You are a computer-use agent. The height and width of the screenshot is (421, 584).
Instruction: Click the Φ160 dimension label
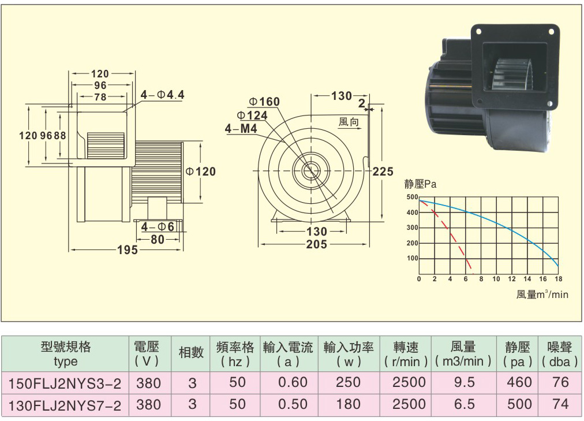click(x=264, y=101)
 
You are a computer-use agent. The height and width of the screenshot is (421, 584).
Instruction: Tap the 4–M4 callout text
click(x=241, y=129)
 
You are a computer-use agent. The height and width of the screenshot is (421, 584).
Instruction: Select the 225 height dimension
click(x=383, y=172)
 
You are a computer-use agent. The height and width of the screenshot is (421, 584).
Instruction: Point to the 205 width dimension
click(x=317, y=244)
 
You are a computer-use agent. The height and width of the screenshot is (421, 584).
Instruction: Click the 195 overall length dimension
click(x=128, y=250)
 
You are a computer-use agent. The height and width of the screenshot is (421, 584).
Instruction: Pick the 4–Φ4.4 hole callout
click(x=162, y=95)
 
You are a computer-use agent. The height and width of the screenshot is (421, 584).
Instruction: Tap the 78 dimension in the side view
click(x=100, y=97)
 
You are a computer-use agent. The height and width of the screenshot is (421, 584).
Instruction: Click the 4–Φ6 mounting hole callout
click(x=158, y=226)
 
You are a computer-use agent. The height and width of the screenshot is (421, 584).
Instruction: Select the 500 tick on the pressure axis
click(x=412, y=197)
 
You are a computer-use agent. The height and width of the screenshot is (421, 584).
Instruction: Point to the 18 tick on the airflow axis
click(x=558, y=279)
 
